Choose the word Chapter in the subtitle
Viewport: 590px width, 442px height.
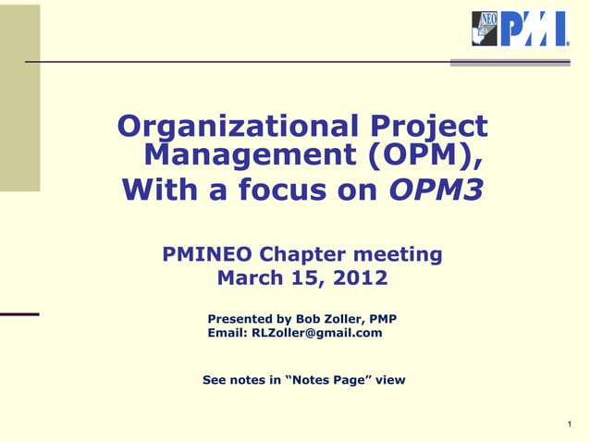point(312,254)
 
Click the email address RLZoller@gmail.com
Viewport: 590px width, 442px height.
point(316,333)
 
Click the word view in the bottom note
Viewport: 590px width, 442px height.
point(389,380)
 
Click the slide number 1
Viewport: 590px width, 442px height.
point(572,424)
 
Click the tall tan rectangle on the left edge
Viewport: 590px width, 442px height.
point(19,97)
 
